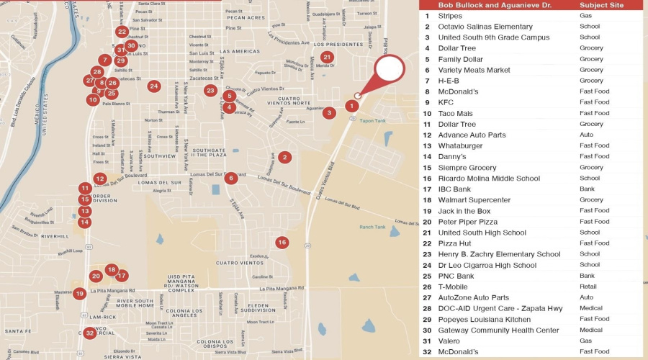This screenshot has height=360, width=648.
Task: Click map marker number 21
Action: point(327,58)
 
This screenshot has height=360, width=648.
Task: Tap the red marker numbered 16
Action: point(282,243)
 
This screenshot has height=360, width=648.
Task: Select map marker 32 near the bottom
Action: point(89,333)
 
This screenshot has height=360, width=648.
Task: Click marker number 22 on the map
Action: point(122,32)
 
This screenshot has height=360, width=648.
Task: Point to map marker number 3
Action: point(329,113)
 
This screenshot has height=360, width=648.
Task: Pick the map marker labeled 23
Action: point(210,91)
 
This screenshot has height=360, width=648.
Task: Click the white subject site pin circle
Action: point(390,69)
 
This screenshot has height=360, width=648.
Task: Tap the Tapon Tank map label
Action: point(373,121)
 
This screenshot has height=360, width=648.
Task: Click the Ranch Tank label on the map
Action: point(372,228)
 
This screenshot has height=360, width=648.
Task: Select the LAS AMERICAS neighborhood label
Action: point(240,52)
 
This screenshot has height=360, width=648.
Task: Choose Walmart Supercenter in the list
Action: point(474,200)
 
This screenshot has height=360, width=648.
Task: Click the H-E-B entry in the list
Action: point(449,81)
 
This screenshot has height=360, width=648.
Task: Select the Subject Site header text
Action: point(602,5)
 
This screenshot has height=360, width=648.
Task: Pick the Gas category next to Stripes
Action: point(585,15)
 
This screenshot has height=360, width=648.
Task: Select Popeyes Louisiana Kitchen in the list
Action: point(484,319)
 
